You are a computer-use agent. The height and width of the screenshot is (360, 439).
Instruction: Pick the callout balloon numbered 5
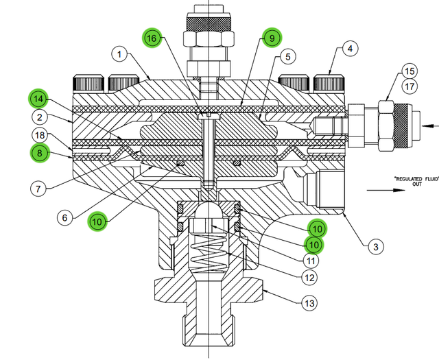[287, 56]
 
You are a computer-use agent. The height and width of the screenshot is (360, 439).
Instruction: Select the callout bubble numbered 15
[408, 71]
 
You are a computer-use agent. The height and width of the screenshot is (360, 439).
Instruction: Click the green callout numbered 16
[152, 38]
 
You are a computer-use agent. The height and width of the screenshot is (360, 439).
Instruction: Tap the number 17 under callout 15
[409, 87]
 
